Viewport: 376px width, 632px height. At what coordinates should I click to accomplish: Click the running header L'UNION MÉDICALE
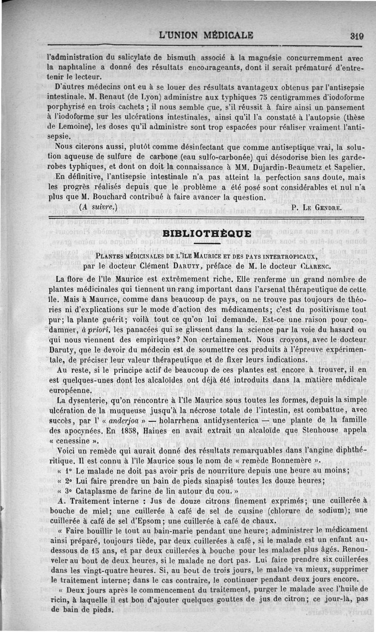point(206,35)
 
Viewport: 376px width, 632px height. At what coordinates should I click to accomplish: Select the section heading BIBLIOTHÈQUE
point(207,233)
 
